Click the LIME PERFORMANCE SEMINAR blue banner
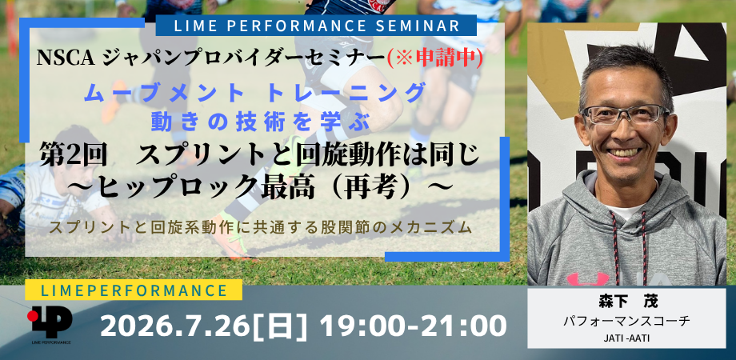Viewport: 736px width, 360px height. tap(316, 26)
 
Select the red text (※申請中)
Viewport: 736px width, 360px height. tap(434, 58)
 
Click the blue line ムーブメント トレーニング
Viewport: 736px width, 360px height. tap(255, 93)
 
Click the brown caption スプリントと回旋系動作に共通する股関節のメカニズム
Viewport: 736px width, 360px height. tap(260, 227)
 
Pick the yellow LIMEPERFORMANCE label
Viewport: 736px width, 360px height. tap(134, 290)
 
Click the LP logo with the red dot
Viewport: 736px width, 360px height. tap(50, 322)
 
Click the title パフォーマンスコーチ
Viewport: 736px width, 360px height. tap(626, 321)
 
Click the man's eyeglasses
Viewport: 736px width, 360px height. tap(626, 115)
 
